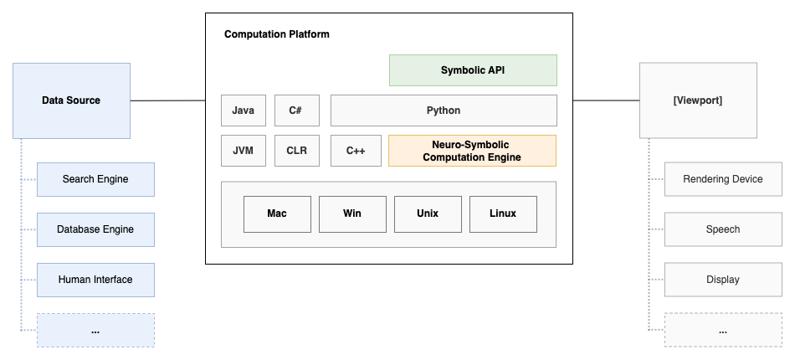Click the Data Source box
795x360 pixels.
pyautogui.click(x=71, y=100)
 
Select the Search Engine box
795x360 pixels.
pyautogui.click(x=95, y=179)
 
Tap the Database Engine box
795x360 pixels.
pyautogui.click(x=95, y=229)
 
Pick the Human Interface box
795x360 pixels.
pyautogui.click(x=95, y=280)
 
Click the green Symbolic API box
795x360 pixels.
pyautogui.click(x=473, y=70)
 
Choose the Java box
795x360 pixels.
pyautogui.click(x=244, y=111)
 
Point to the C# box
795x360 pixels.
pyautogui.click(x=296, y=111)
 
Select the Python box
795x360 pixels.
pyautogui.click(x=444, y=111)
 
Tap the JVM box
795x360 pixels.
pyautogui.click(x=244, y=151)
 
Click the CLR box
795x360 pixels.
pyautogui.click(x=296, y=151)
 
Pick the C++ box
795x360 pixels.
pyautogui.click(x=356, y=151)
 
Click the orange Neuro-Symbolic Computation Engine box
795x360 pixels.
pyautogui.click(x=472, y=151)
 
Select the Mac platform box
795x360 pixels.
pyautogui.click(x=277, y=213)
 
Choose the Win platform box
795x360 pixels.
pyautogui.click(x=352, y=213)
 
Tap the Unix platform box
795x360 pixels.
pyautogui.click(x=428, y=213)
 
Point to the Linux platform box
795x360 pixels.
pyautogui.click(x=503, y=213)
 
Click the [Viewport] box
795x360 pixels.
pyautogui.click(x=698, y=100)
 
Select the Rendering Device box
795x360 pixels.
pyautogui.click(x=723, y=179)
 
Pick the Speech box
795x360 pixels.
pyautogui.click(x=723, y=229)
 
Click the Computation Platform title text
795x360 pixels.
pyautogui.click(x=277, y=34)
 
